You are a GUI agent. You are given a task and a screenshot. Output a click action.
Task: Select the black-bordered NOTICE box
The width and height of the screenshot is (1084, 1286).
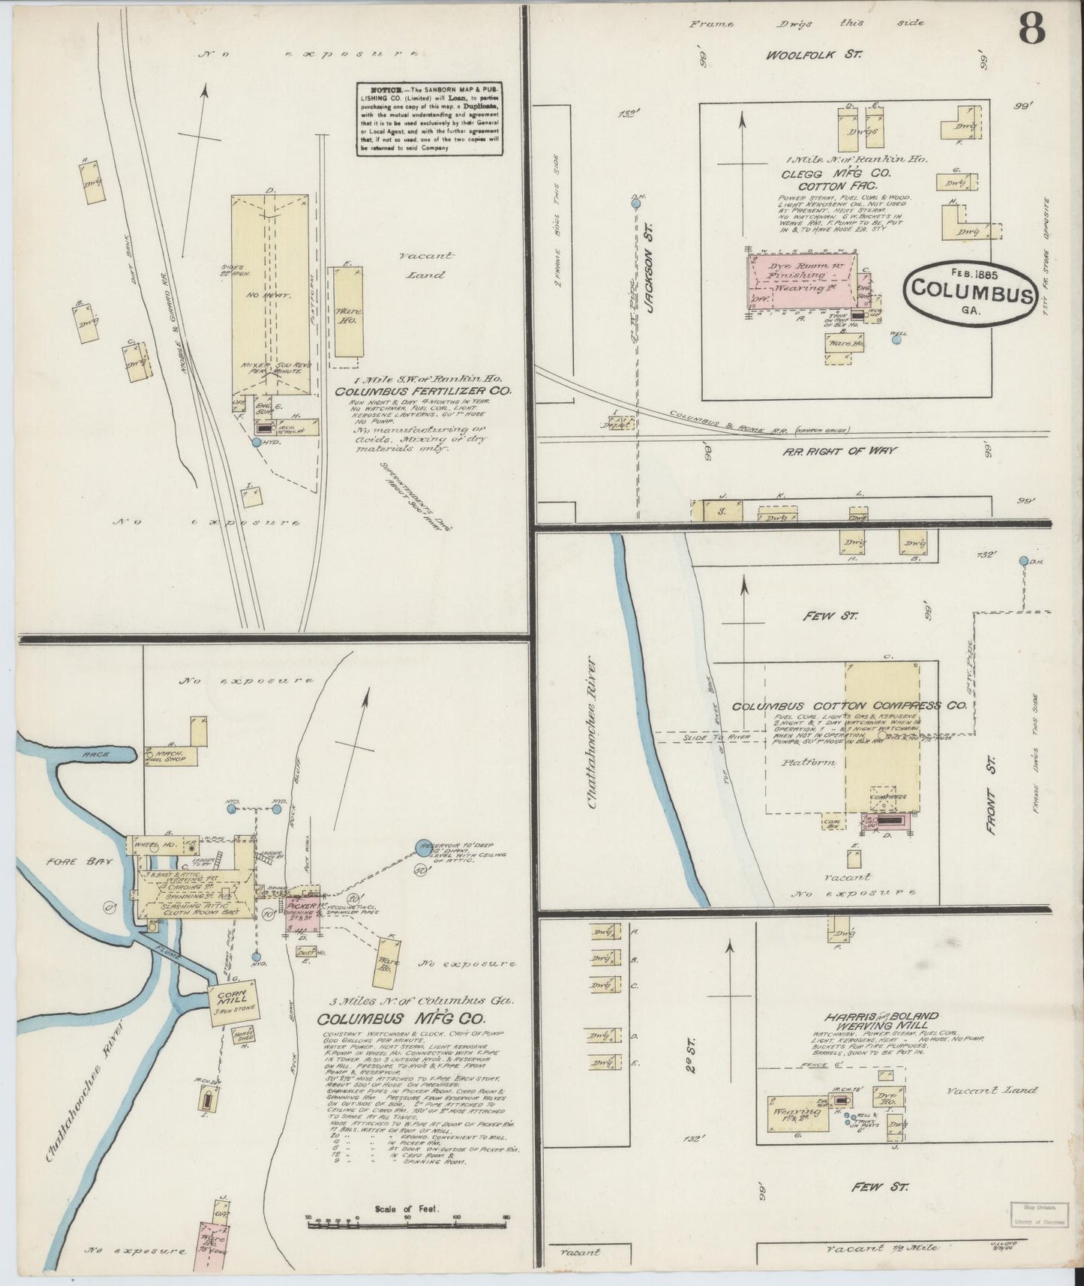coord(429,118)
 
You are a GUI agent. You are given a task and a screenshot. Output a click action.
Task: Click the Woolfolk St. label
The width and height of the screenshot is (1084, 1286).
coord(815,55)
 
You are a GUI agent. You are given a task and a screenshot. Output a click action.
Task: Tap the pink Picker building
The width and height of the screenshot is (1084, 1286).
coord(304,912)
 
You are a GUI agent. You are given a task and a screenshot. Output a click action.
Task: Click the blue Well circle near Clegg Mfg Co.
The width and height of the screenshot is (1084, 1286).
coord(896,339)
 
